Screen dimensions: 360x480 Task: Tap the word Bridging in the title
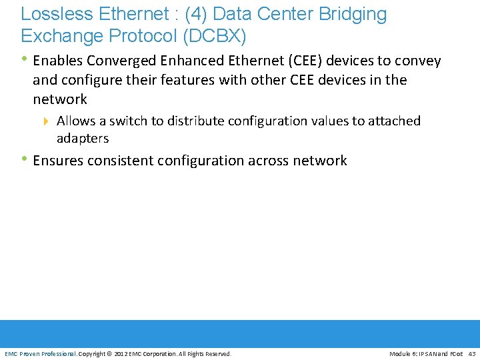(353, 14)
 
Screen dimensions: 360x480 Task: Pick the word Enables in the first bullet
(57, 61)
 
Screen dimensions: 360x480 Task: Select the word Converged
(119, 61)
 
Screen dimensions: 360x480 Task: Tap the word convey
(420, 61)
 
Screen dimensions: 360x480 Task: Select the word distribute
(195, 121)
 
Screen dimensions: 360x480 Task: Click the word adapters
(83, 139)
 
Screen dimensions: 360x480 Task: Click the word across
(269, 161)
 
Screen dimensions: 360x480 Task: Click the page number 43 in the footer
(472, 354)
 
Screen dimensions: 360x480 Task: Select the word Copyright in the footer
(92, 354)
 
